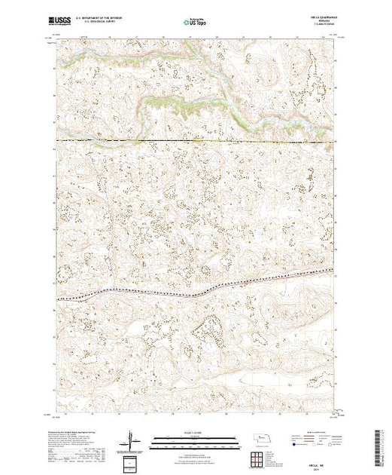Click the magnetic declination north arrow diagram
coord(133,440)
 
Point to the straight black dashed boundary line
coord(196,140)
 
